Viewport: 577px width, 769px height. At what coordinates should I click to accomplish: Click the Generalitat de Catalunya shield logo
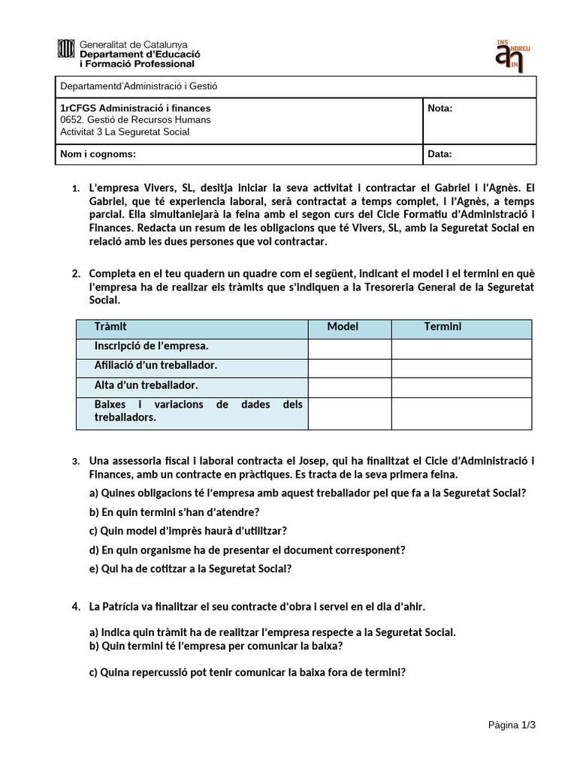(65, 50)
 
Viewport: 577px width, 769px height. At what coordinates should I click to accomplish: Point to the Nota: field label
(440, 108)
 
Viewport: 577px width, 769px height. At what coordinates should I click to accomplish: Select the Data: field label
(440, 155)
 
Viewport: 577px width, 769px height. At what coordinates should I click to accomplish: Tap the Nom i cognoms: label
(98, 155)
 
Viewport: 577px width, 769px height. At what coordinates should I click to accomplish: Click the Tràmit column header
(111, 327)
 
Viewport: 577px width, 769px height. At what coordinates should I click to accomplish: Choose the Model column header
(343, 327)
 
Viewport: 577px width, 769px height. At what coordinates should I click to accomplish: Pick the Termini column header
(443, 327)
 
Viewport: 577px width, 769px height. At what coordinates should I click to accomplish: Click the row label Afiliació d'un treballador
(156, 366)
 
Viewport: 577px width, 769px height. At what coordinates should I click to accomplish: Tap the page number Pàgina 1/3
(512, 725)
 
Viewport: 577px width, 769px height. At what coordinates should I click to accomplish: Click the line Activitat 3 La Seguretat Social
(125, 132)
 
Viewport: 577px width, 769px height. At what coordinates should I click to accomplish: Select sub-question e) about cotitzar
(190, 568)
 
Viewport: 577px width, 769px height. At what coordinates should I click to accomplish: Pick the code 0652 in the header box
(71, 120)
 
